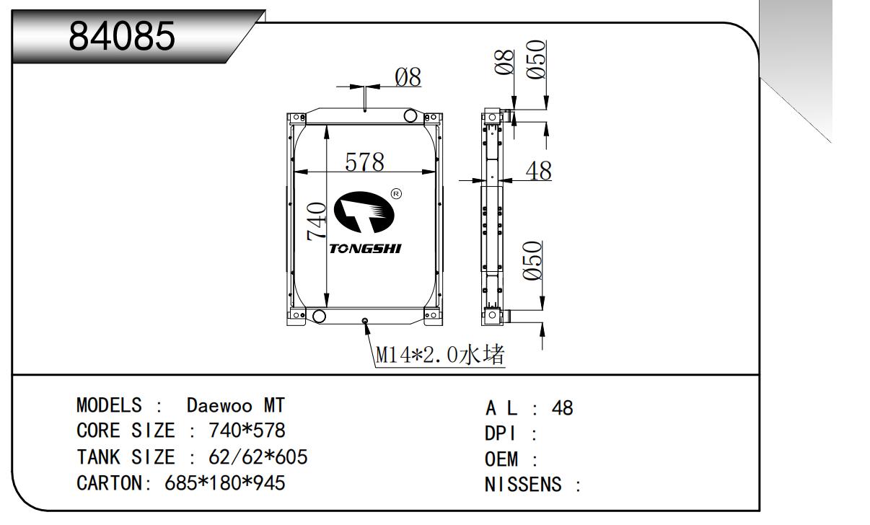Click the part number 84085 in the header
point(122,37)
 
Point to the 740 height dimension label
point(317,221)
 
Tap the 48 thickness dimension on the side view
point(537,171)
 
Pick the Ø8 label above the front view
point(408,77)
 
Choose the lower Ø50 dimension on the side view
point(532,261)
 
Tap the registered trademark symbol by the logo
point(396,193)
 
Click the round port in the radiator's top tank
point(411,116)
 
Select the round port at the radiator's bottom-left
point(317,316)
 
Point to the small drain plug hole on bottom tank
point(365,320)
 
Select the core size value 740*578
point(247,431)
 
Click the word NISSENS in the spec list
point(523,485)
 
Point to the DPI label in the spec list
point(501,434)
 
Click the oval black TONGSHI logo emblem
point(365,213)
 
